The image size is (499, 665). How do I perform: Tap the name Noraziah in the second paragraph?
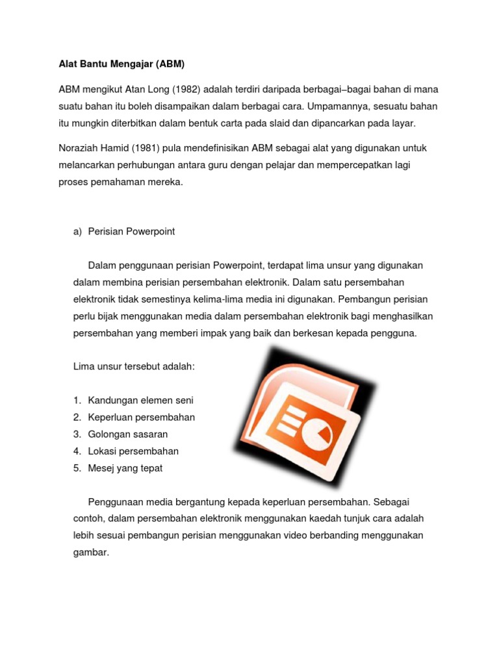point(77,149)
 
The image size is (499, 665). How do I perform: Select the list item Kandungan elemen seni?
point(140,400)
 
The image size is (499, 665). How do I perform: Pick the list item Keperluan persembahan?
point(141,417)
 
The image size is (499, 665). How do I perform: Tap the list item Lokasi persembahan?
point(133,451)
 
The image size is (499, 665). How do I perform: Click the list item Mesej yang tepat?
point(125,468)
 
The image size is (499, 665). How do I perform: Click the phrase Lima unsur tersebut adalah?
point(134,367)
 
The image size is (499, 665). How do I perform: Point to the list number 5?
point(77,468)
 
